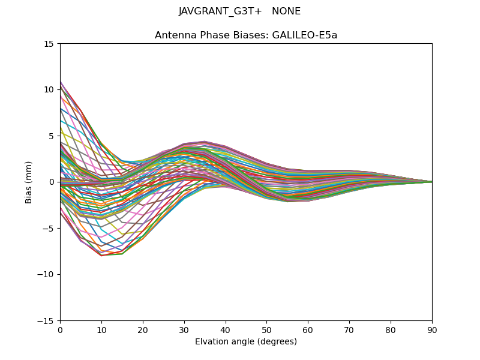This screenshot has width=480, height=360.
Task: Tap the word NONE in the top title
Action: [x=286, y=11]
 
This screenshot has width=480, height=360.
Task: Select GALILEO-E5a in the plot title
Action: [x=305, y=35]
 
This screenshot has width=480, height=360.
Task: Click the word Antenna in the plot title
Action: [x=173, y=35]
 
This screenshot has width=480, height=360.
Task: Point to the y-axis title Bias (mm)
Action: [x=29, y=182]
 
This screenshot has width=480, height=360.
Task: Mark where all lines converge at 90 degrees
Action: [x=431, y=182]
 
